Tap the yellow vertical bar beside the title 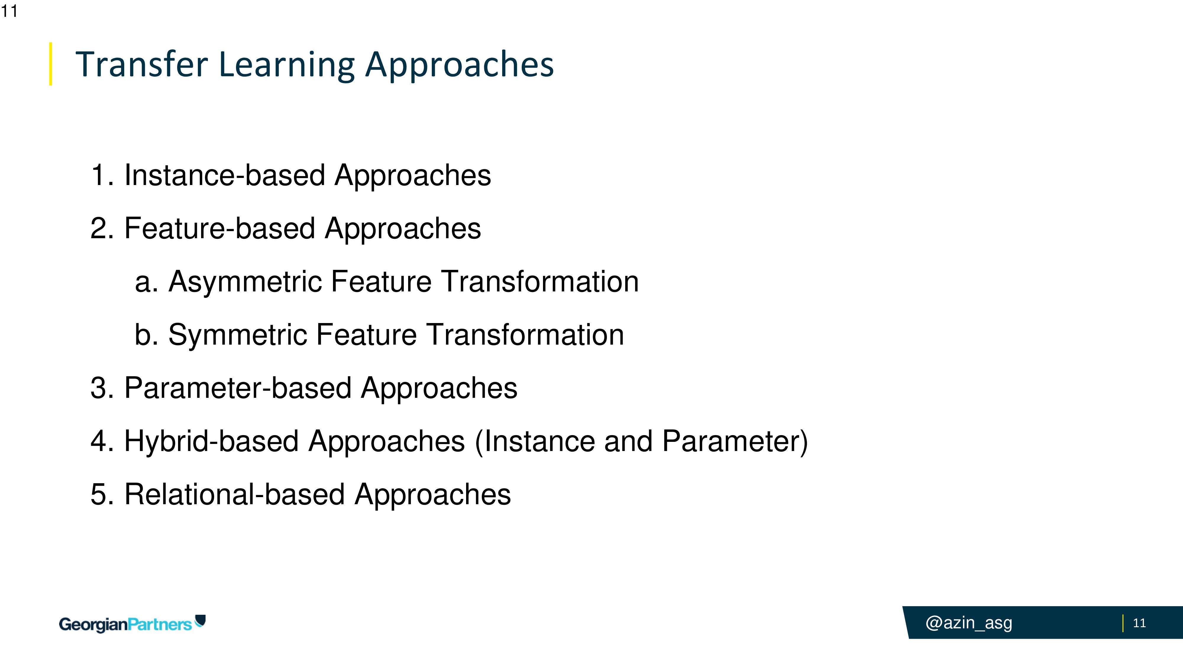pyautogui.click(x=51, y=64)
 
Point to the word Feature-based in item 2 pyautogui.click(x=219, y=228)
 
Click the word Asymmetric pyautogui.click(x=244, y=282)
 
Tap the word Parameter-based pyautogui.click(x=238, y=388)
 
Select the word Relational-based pyautogui.click(x=235, y=494)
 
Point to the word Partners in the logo pyautogui.click(x=159, y=625)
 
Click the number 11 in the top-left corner pyautogui.click(x=9, y=11)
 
